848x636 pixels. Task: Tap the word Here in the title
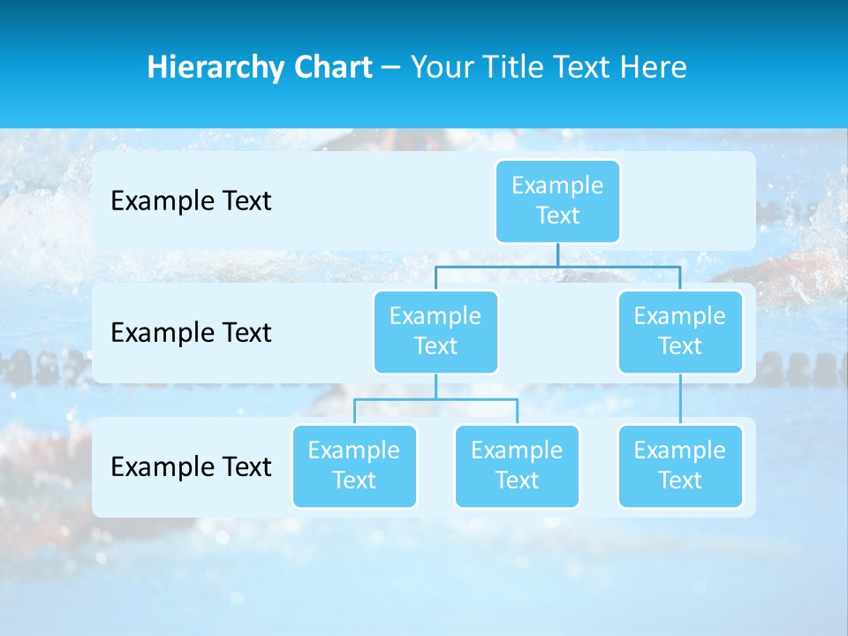pos(654,67)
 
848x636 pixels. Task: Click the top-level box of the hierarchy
pos(557,201)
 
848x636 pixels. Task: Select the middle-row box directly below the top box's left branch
pos(435,331)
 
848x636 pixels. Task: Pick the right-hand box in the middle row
pos(680,331)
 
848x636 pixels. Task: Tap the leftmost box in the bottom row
pos(354,466)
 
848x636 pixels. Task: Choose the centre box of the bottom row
pos(517,466)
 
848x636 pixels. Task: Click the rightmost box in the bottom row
pos(680,466)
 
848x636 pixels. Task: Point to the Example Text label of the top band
pos(191,201)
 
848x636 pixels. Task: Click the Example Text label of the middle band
pos(191,333)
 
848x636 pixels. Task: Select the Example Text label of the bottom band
pos(191,466)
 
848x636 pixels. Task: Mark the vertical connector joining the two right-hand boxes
pos(680,399)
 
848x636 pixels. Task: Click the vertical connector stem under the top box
pos(557,254)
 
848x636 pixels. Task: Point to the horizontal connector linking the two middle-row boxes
pos(557,266)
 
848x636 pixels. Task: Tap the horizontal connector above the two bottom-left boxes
pos(435,399)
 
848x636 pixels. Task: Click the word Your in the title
pos(442,67)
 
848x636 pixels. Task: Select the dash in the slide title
pos(391,68)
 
